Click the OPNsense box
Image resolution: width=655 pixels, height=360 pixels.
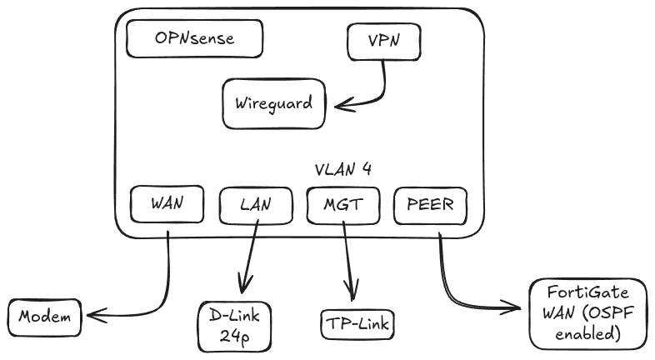(194, 38)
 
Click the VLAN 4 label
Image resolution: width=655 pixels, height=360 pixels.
(342, 169)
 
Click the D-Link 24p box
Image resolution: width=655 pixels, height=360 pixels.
(236, 327)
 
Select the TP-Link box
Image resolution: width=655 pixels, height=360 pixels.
(356, 323)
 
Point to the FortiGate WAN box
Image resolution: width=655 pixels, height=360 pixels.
(588, 313)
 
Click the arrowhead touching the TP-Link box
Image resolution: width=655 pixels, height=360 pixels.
(352, 296)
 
